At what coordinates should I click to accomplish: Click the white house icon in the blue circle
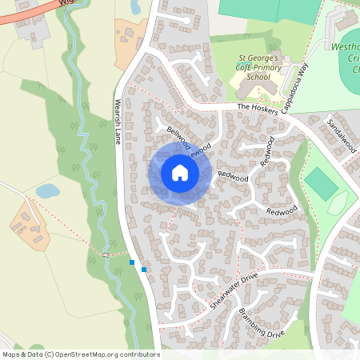(x=179, y=173)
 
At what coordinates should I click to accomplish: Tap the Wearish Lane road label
(x=119, y=122)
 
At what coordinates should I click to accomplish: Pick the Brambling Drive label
(x=261, y=322)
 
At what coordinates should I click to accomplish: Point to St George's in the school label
(x=258, y=58)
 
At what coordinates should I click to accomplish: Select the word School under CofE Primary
(x=258, y=78)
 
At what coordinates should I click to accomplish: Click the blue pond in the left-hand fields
(x=47, y=190)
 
